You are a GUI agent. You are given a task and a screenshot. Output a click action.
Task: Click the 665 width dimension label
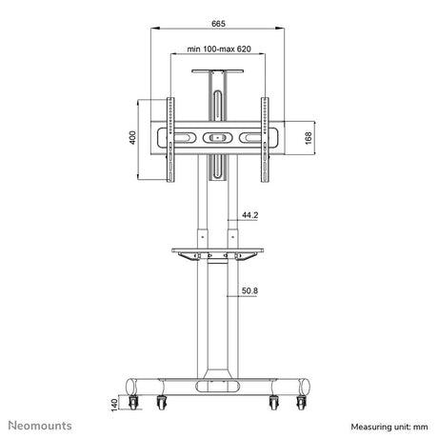(218, 24)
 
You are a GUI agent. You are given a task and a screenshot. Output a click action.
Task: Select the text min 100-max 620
(219, 50)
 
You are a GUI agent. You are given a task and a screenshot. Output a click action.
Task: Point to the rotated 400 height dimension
(132, 137)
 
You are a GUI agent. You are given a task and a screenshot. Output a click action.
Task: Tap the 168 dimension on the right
(309, 138)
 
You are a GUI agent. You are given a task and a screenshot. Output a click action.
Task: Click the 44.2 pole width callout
(250, 215)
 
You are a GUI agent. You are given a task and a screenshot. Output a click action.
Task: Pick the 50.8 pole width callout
(249, 290)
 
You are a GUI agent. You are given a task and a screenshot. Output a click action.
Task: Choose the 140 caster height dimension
(114, 406)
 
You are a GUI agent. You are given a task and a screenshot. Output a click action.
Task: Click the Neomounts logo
(40, 426)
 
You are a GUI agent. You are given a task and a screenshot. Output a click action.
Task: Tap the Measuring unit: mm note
(389, 427)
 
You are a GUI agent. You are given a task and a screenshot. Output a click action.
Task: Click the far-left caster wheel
(133, 403)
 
